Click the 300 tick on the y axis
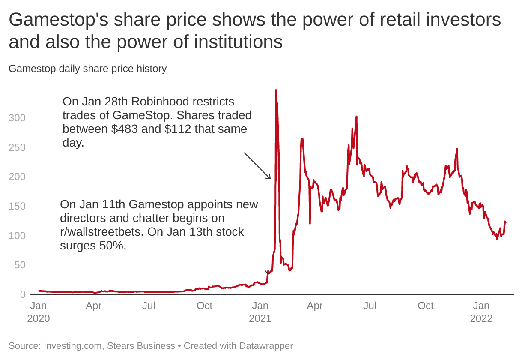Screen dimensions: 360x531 pos(17,118)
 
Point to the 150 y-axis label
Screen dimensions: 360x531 pos(17,206)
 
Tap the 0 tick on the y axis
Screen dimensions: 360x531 pos(22,294)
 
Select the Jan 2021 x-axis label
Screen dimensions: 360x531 pos(260,312)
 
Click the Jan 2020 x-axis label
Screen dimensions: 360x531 pos(39,312)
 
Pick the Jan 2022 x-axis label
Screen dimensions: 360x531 pos(481,312)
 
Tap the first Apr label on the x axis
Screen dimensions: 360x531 pos(94,306)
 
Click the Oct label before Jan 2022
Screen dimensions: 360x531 pos(426,306)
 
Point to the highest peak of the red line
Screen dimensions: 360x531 pos(276,90)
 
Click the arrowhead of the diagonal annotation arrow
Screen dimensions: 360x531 pos(270,178)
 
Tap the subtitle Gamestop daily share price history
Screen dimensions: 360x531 pos(87,69)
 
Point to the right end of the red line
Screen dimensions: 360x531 pos(506,222)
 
